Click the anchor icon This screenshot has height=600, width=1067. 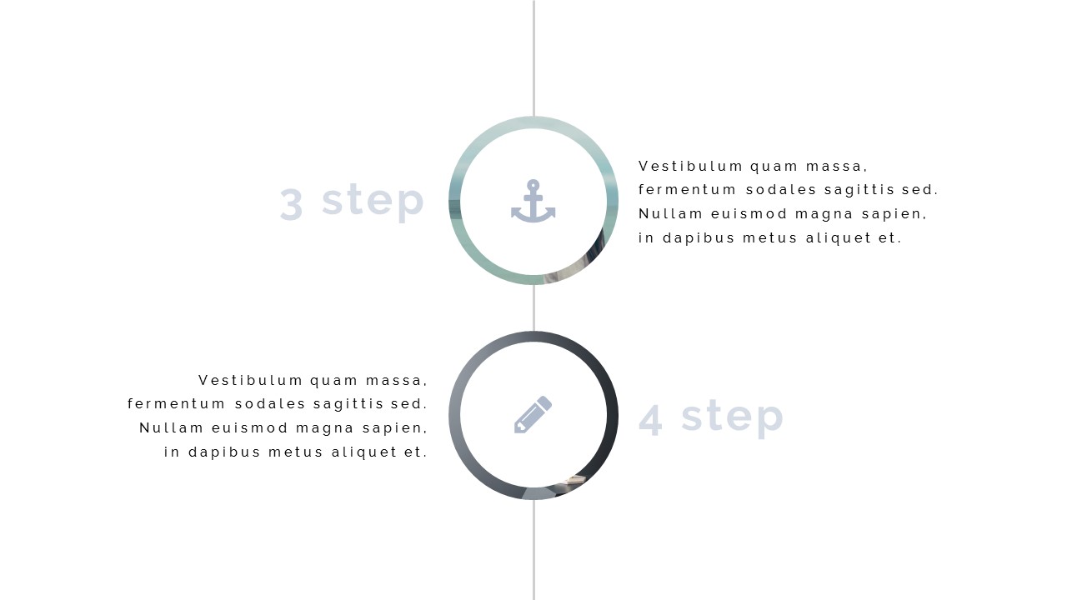click(x=533, y=201)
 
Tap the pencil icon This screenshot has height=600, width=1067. click(x=533, y=415)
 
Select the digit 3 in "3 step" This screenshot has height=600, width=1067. click(x=292, y=204)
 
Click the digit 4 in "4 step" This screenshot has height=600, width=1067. click(x=651, y=419)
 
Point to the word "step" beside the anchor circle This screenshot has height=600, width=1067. click(x=373, y=202)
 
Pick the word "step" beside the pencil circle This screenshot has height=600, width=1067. click(x=732, y=417)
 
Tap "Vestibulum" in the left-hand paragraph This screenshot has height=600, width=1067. click(x=250, y=381)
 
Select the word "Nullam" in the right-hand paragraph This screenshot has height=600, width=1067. click(x=670, y=214)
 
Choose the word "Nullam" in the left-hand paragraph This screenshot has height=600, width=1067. click(x=171, y=428)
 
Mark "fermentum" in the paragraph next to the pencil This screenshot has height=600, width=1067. click(x=176, y=404)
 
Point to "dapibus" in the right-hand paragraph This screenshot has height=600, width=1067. click(x=699, y=238)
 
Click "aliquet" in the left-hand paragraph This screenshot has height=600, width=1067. click(x=364, y=452)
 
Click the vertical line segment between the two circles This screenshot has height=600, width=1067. click(x=533, y=307)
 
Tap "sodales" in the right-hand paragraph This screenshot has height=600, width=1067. click(x=781, y=190)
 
